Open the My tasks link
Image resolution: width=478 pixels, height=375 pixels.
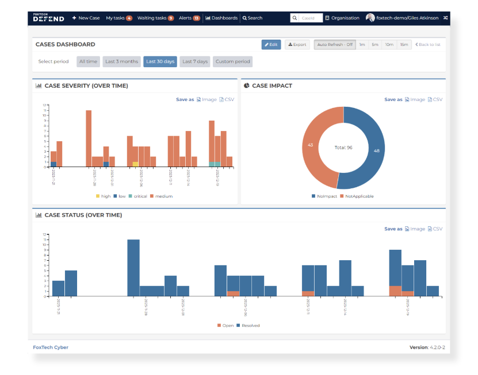(118, 18)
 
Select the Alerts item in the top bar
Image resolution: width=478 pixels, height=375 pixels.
(189, 18)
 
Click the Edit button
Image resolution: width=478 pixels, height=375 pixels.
(271, 44)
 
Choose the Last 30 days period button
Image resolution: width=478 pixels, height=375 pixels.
(160, 61)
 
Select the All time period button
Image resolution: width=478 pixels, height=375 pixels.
(89, 61)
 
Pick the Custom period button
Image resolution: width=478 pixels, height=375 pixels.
(233, 61)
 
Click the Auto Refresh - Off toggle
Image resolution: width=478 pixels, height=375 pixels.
(335, 44)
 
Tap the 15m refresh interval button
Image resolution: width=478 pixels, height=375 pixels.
(404, 44)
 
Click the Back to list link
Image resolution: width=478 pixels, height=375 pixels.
(428, 44)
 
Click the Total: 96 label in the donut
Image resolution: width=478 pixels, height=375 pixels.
(343, 148)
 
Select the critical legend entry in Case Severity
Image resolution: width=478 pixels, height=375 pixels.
(138, 196)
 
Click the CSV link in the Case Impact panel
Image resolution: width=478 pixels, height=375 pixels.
(435, 99)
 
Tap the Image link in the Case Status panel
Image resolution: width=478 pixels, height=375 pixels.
(415, 229)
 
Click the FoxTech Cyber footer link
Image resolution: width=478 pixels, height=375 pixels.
(51, 347)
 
